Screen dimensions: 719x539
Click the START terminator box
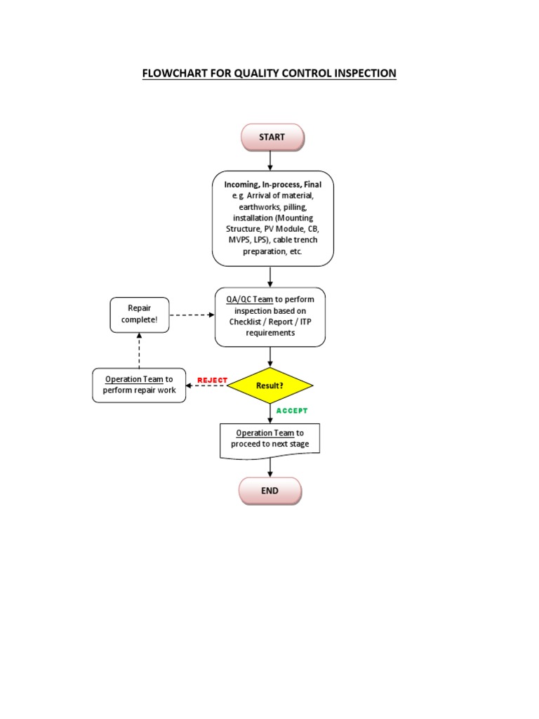pos(272,137)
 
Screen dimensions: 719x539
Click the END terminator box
pos(270,491)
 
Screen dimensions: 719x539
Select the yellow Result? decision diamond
pos(270,386)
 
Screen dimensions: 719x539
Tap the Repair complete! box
pos(140,314)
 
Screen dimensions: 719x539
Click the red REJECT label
pos(213,380)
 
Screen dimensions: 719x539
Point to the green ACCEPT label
pos(292,411)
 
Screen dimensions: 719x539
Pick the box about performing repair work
pos(140,385)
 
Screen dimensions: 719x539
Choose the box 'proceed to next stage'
pos(270,440)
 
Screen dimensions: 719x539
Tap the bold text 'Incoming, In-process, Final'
pos(273,184)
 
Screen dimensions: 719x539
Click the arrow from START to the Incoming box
pos(270,160)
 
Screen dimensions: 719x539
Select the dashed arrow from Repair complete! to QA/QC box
pos(192,315)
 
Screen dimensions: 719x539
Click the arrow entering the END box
pos(270,468)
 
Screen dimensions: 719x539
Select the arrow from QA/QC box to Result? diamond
pos(270,357)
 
